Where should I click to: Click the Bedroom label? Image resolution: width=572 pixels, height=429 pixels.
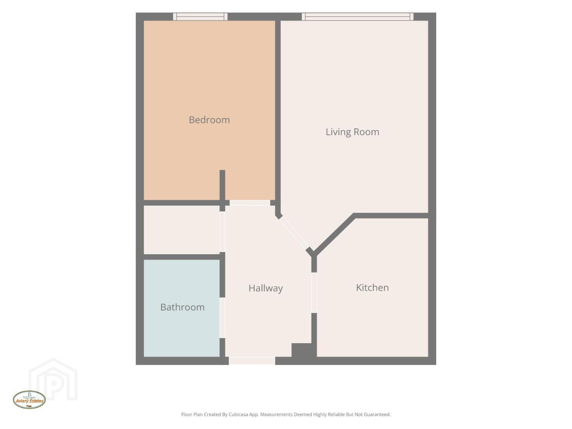click(209, 120)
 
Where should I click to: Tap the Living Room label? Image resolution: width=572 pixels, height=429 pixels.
click(352, 132)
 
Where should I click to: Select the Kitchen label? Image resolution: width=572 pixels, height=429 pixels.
click(372, 288)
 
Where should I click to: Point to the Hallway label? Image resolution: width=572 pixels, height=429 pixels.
click(266, 288)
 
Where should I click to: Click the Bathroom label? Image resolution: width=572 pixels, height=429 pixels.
click(182, 307)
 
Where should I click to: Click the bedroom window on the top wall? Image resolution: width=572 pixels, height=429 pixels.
click(200, 17)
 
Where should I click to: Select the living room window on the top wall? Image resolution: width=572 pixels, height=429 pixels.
click(358, 17)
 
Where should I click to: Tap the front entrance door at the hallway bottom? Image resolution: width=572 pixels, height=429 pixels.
click(252, 361)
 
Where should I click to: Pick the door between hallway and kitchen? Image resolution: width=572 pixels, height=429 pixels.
click(314, 292)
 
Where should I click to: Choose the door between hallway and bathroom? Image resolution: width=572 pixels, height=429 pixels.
click(222, 318)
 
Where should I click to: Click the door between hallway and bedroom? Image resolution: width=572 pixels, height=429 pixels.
click(250, 203)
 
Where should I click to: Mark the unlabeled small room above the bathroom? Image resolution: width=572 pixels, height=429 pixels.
click(182, 230)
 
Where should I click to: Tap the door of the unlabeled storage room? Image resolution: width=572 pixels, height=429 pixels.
click(222, 232)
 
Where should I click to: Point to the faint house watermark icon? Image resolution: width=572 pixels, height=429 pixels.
click(53, 380)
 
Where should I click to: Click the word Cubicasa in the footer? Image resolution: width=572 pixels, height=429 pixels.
click(238, 414)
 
